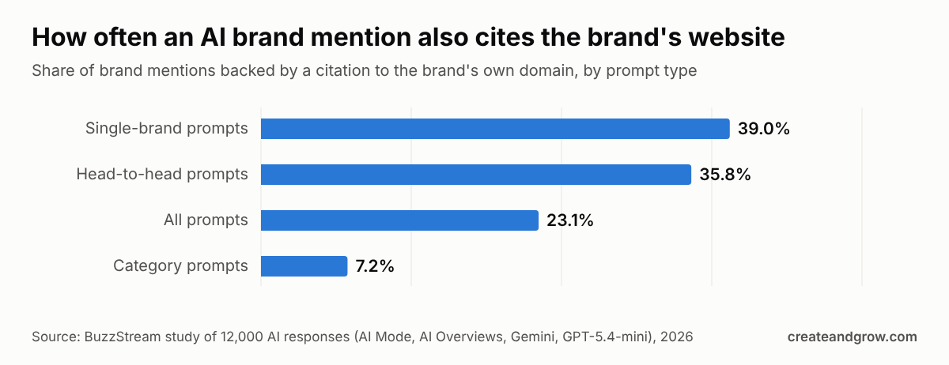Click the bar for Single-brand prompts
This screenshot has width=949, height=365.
coord(495,129)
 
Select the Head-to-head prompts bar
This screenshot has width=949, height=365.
coord(476,175)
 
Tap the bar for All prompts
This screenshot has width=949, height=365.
coord(399,220)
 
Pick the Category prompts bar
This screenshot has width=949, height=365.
coord(304,266)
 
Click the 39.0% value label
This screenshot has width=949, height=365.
coord(763,129)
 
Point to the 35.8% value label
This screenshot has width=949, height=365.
coord(725,175)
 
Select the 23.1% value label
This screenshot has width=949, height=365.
coord(570,220)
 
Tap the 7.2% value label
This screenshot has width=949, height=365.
coord(375,266)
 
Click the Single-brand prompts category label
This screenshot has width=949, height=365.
coord(167,128)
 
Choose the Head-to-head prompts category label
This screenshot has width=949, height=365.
coord(162,174)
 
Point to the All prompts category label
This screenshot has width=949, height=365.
coord(206,220)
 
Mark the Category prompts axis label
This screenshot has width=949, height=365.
coord(180,265)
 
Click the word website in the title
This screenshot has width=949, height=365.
coord(736,37)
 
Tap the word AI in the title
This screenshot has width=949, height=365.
coord(213,37)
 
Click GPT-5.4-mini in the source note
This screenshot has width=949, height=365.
coord(607,337)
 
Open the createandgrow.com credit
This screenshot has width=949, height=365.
coord(852,337)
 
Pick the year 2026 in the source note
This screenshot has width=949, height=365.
coord(677,337)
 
